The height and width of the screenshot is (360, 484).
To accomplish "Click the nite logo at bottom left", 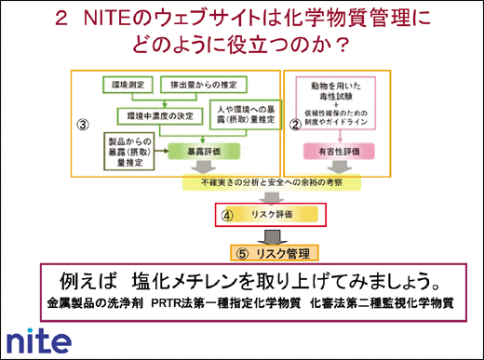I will point(38,339).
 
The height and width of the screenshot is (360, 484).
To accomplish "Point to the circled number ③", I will point(81,123).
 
